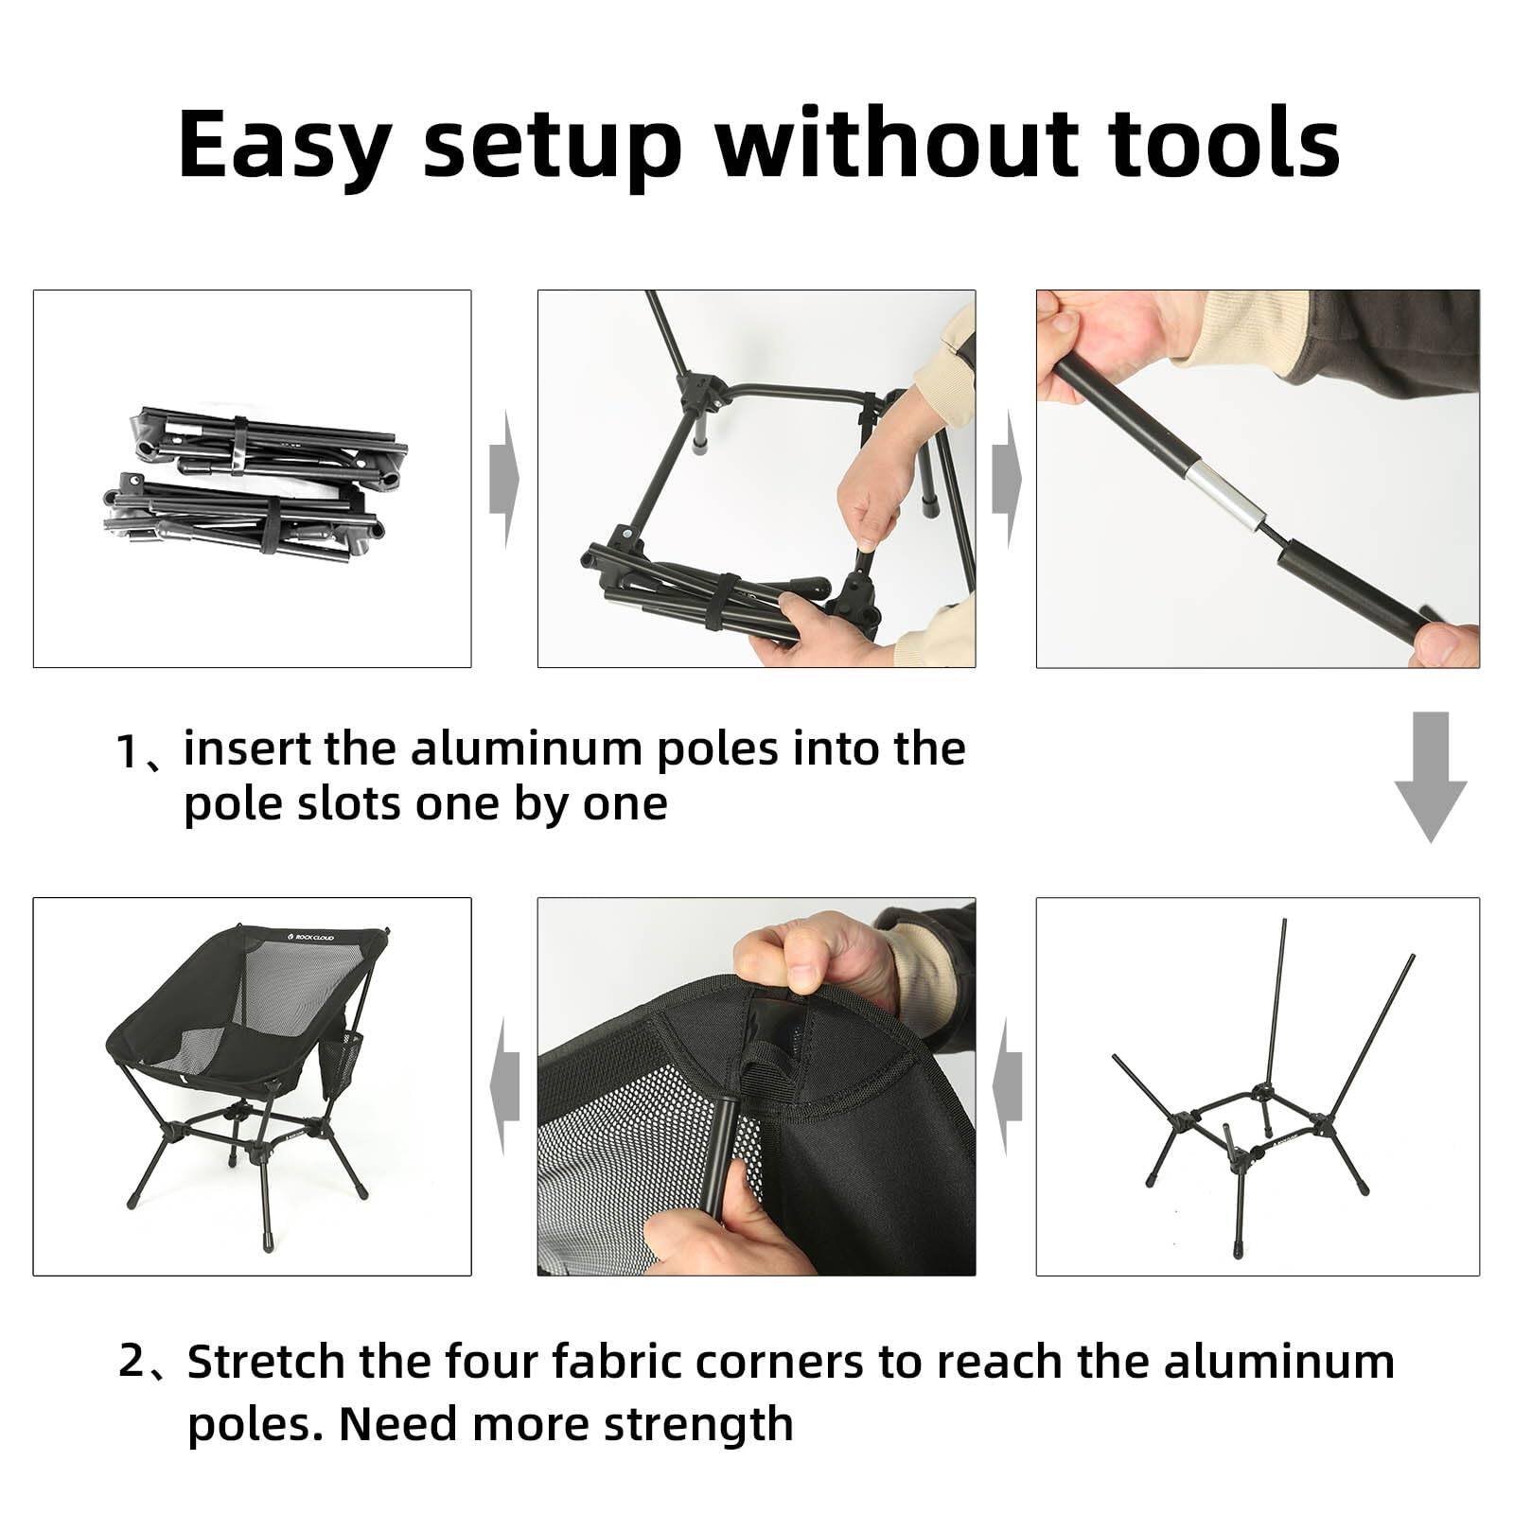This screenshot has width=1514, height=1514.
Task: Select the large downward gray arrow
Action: point(1430,777)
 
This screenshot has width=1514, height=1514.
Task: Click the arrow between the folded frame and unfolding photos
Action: point(504,479)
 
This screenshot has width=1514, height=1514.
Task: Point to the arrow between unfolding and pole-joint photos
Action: point(1007,479)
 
